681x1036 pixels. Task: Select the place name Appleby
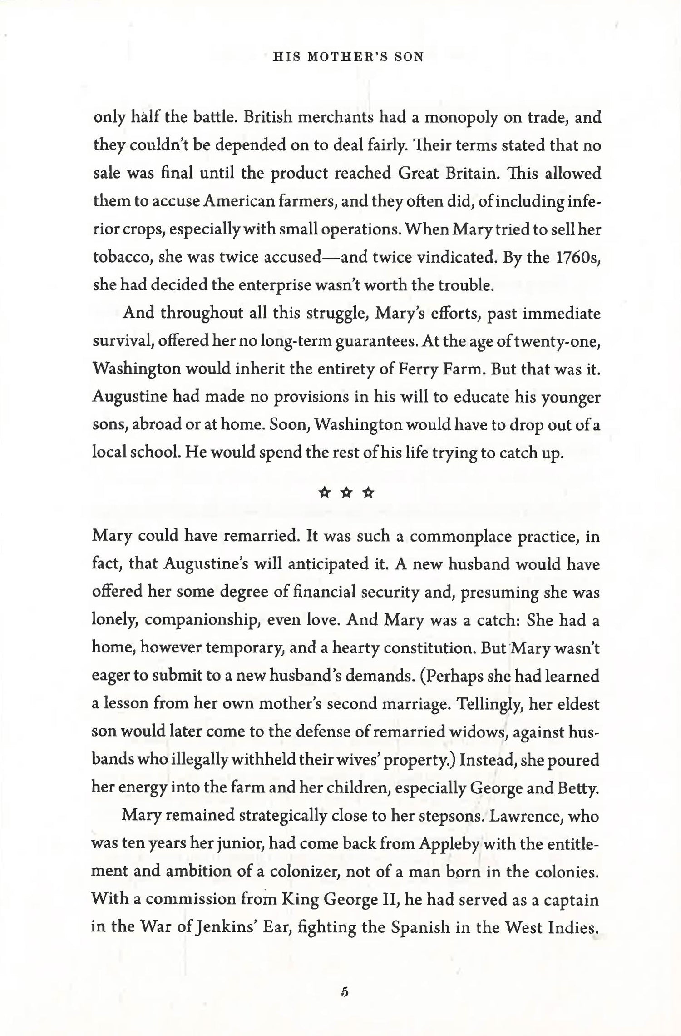click(447, 844)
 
